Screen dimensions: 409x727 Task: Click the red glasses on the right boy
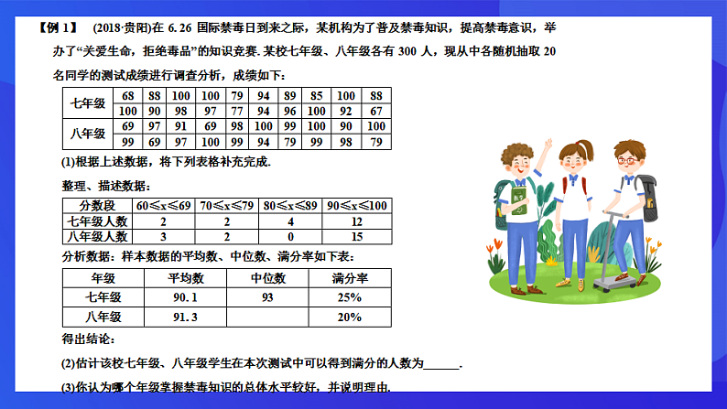628,159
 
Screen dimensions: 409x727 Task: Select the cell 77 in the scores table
237,111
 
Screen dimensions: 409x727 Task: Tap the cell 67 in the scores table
375,111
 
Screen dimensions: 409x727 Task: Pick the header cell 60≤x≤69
164,205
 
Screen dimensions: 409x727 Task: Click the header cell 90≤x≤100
356,205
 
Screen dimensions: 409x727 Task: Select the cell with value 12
356,221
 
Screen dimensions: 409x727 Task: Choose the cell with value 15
356,235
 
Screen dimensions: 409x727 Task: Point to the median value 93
267,298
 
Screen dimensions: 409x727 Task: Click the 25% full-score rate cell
350,298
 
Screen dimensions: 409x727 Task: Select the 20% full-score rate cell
350,318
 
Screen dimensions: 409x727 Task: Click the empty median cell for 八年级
267,318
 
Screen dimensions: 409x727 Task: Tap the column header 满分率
350,278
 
